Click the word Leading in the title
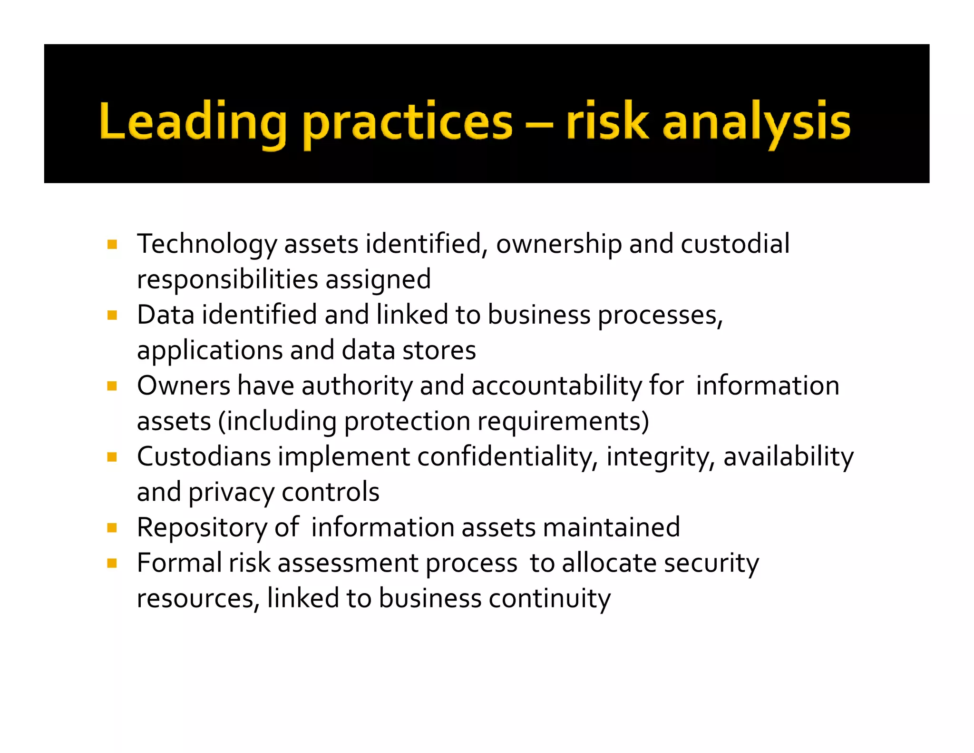pos(193,122)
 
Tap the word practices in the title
pos(408,122)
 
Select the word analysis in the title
pos(756,122)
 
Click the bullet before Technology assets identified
pos(112,245)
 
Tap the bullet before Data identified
pos(112,315)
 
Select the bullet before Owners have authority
pos(112,386)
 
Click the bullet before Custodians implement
pos(112,457)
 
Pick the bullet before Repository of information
pos(112,528)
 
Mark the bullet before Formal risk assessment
pos(112,564)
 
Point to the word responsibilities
pos(227,279)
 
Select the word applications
pos(210,351)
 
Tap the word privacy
pos(231,493)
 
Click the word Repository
pos(202,528)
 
